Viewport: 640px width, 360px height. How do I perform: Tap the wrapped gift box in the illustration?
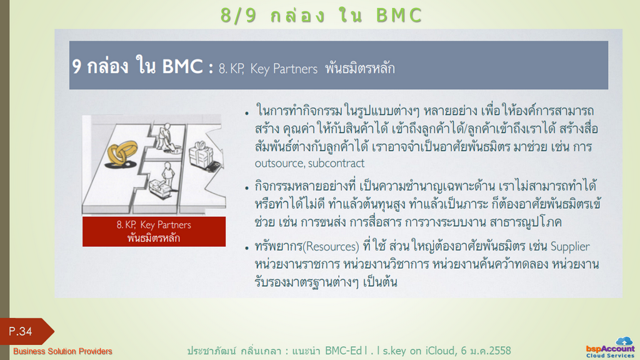coord(201,154)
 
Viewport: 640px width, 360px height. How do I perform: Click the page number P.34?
coord(21,331)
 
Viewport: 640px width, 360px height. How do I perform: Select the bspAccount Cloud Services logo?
coord(610,347)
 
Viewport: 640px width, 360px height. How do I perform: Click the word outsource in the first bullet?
coord(279,163)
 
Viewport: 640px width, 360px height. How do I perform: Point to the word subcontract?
coord(336,163)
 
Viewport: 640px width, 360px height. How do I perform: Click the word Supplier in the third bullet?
coord(570,246)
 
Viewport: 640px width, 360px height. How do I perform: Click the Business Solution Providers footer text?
coord(62,351)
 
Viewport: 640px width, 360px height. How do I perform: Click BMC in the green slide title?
coord(399,16)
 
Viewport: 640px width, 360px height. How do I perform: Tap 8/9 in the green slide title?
coord(239,16)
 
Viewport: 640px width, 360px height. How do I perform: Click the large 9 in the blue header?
coord(77,66)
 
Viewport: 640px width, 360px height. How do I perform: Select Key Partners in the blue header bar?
coord(284,69)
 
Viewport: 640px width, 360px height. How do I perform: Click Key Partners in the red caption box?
coord(166,225)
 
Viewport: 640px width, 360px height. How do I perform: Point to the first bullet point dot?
coord(247,113)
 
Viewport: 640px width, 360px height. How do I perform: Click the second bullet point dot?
coord(247,188)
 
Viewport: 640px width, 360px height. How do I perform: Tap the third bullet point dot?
coord(247,248)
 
